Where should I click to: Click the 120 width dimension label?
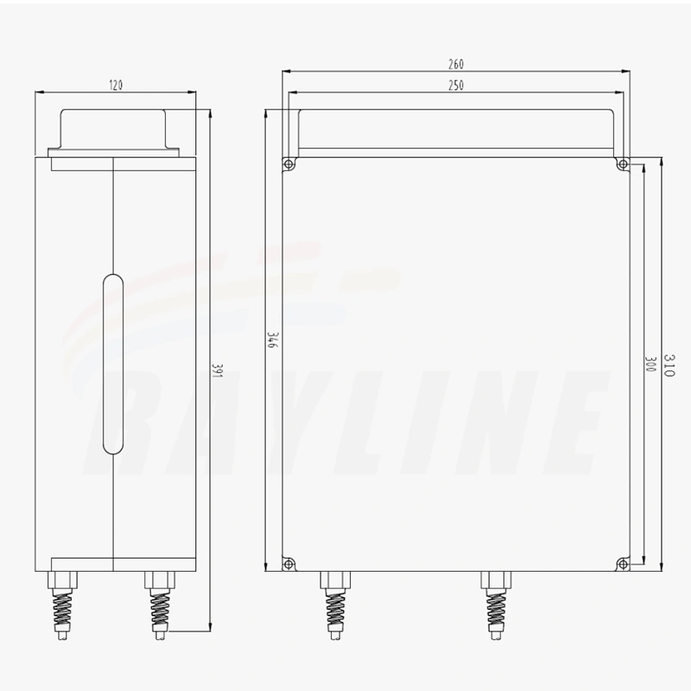[116, 85]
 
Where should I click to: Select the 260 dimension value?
[456, 64]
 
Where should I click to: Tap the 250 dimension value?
[456, 86]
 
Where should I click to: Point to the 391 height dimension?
[217, 371]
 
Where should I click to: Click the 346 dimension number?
[271, 340]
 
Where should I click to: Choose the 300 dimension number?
[650, 364]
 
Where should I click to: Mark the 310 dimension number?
[669, 365]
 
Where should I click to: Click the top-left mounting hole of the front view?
[288, 164]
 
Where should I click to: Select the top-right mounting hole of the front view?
[623, 164]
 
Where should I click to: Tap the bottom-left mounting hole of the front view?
[288, 564]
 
